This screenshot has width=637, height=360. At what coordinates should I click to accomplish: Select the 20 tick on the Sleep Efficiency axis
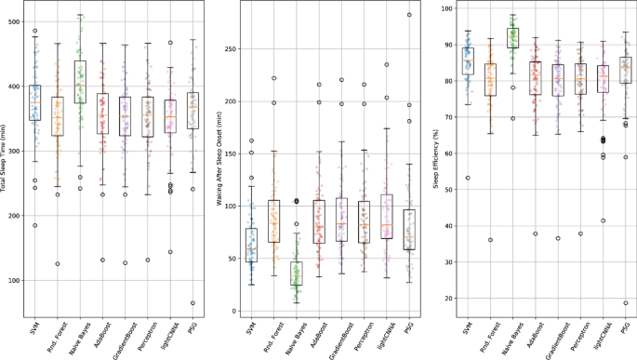tap(455, 299)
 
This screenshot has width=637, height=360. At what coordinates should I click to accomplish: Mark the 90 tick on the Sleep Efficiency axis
tap(455, 45)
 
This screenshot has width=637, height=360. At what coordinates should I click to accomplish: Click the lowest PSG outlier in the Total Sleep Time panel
tap(193, 303)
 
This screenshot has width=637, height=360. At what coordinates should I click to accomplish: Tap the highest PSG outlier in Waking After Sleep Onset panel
tap(408, 15)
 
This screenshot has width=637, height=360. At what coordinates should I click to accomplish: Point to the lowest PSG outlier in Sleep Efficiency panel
tap(624, 303)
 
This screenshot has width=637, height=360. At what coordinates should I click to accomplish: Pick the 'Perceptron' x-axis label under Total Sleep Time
tap(148, 333)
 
